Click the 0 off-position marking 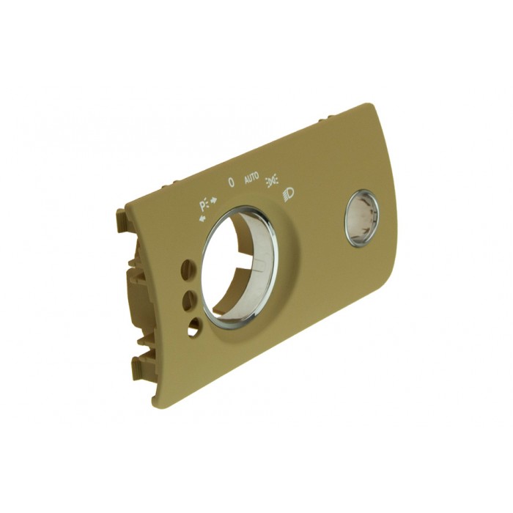coord(231,182)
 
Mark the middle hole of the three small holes coord(188,299)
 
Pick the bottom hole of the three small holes coord(193,328)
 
